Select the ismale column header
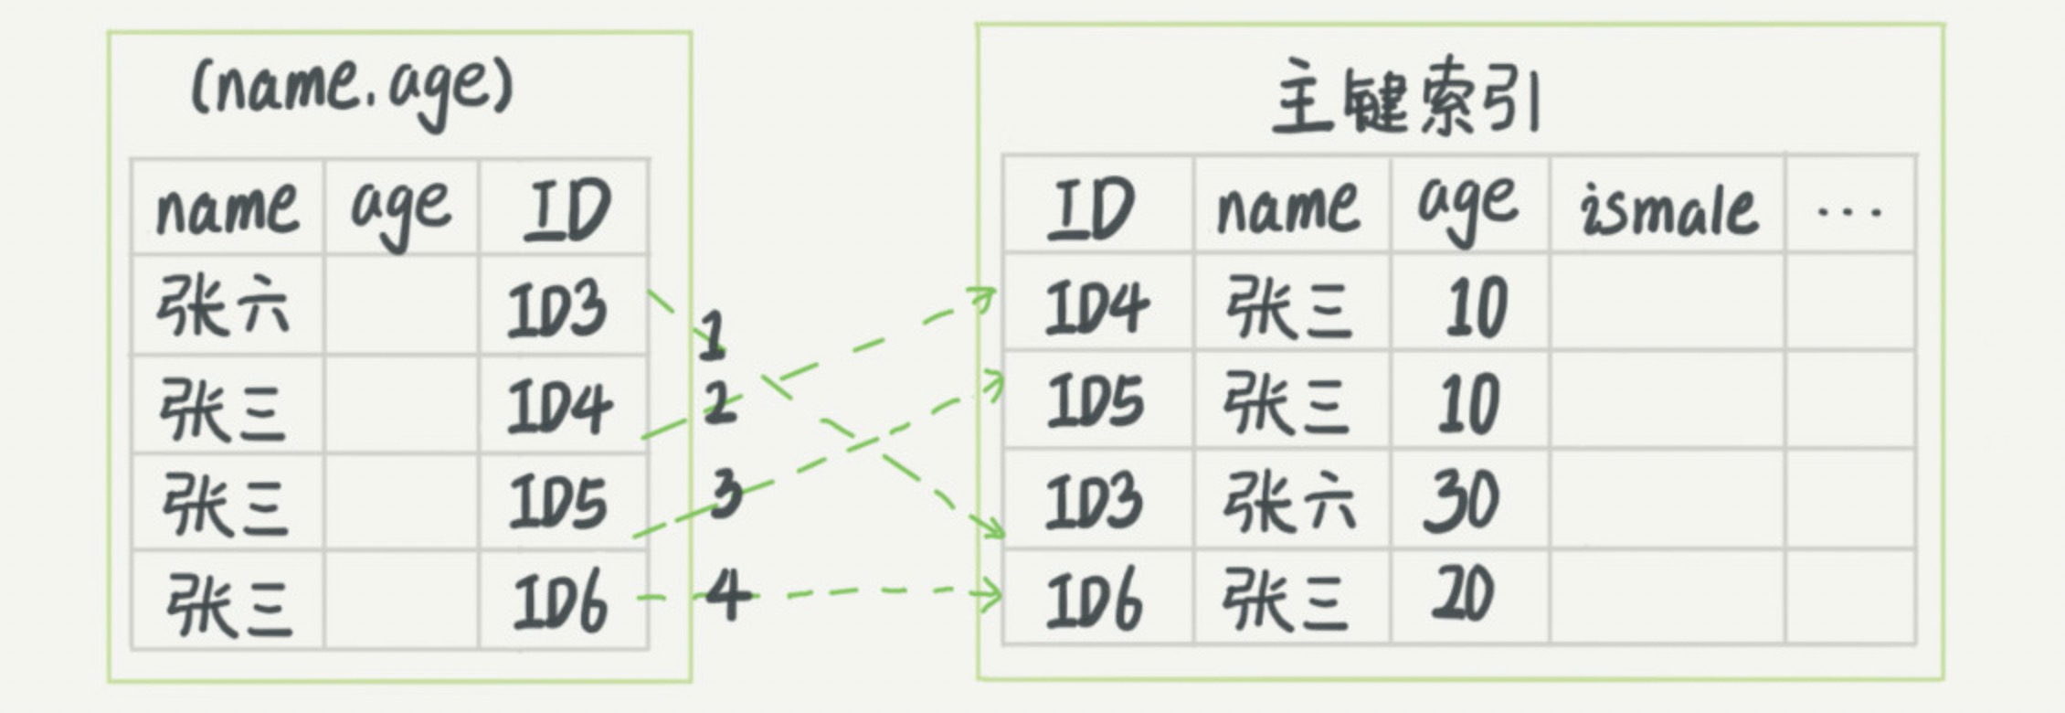click(x=1668, y=208)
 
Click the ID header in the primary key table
click(x=1093, y=208)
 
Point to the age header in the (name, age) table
click(x=401, y=208)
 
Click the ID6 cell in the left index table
click(x=560, y=601)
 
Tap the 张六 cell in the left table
click(x=224, y=306)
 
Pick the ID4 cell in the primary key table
click(x=1096, y=306)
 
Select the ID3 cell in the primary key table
click(x=1095, y=501)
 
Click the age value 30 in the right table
click(x=1462, y=501)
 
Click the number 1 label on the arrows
click(x=712, y=334)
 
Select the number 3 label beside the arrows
click(x=726, y=494)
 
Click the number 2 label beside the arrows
click(x=720, y=402)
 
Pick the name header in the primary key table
click(x=1288, y=208)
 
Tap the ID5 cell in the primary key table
click(x=1095, y=403)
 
